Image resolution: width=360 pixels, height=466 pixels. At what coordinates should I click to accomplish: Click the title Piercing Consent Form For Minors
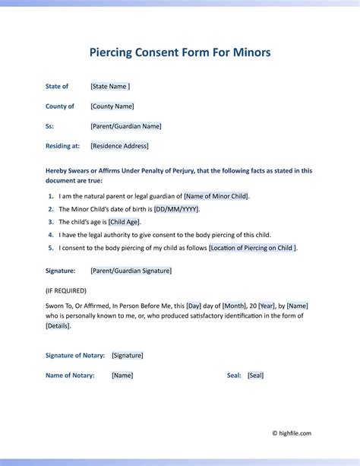click(x=180, y=52)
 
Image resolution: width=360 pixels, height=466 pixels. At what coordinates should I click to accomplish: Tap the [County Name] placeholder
click(x=112, y=106)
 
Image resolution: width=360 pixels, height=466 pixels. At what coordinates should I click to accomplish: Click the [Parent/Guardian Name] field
click(x=125, y=126)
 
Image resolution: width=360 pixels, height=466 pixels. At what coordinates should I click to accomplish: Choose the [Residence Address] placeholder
click(x=119, y=146)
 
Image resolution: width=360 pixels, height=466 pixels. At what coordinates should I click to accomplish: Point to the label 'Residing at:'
click(x=63, y=146)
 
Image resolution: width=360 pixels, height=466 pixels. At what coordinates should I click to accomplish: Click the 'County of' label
click(x=60, y=106)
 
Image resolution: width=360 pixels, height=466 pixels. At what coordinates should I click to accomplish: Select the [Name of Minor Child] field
click(x=216, y=196)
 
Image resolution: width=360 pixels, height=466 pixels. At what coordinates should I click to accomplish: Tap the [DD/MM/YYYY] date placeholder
click(x=176, y=209)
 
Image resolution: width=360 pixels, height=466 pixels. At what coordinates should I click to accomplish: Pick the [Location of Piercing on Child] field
click(x=253, y=248)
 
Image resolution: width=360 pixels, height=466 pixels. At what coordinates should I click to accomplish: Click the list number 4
click(x=49, y=235)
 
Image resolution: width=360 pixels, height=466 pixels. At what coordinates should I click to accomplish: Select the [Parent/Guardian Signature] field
click(x=131, y=271)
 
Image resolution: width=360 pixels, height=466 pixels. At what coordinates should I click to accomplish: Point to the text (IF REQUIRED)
click(x=66, y=290)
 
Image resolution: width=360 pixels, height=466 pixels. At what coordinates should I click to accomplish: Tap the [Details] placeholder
click(x=58, y=325)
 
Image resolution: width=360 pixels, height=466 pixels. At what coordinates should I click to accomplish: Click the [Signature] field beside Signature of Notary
click(x=127, y=355)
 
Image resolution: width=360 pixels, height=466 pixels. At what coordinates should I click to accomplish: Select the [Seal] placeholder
click(x=255, y=376)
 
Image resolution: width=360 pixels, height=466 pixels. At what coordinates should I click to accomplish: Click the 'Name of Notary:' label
click(x=70, y=376)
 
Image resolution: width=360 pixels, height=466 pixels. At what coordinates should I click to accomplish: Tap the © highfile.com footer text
click(x=292, y=433)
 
